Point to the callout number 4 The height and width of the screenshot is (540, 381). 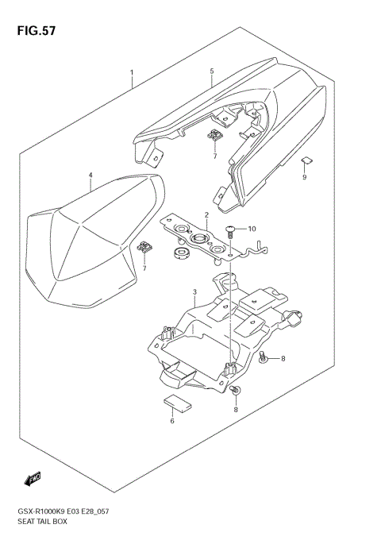90,175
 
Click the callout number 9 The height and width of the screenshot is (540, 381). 303,177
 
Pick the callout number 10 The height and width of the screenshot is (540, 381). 252,229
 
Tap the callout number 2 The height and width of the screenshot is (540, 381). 206,215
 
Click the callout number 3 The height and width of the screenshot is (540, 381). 194,293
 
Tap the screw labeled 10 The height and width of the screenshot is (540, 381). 231,231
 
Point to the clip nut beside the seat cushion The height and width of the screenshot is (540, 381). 144,249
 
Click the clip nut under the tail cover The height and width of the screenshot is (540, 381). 215,137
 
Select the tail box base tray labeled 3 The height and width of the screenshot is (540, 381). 222,334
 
